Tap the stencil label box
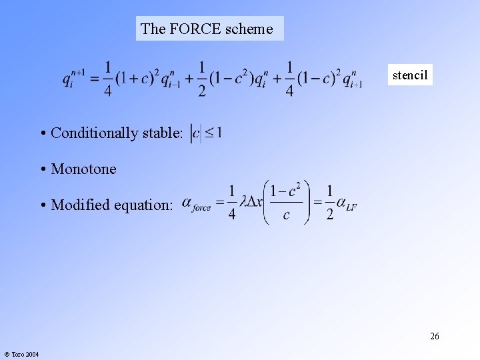[x=410, y=75]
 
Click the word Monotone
[x=83, y=169]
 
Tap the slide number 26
[x=434, y=336]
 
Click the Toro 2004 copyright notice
[x=21, y=354]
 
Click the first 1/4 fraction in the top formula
[x=107, y=79]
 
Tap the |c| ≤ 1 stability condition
[x=206, y=133]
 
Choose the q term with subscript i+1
[x=352, y=79]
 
